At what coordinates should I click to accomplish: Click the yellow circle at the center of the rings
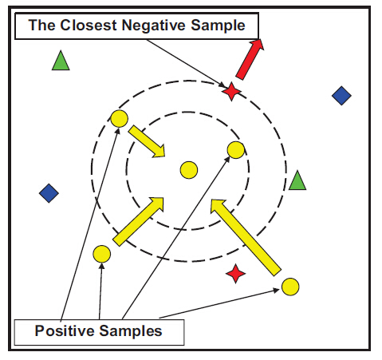[x=189, y=170]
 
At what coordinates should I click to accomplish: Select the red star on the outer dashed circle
[x=231, y=92]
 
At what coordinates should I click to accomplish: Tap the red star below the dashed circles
[x=235, y=274]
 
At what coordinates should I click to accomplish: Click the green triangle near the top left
[x=61, y=61]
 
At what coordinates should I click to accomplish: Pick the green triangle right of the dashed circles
[x=297, y=180]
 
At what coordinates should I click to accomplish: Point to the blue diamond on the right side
[x=341, y=96]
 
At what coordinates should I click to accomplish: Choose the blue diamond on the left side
[x=49, y=193]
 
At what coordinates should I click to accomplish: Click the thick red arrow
[x=250, y=59]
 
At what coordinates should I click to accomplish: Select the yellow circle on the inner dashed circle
[x=236, y=150]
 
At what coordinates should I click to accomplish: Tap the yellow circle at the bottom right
[x=290, y=287]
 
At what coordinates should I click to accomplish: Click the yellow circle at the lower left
[x=102, y=254]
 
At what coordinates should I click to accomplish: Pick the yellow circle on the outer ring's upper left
[x=119, y=119]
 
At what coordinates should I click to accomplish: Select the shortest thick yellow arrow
[x=147, y=141]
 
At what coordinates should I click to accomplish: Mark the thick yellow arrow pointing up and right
[x=138, y=222]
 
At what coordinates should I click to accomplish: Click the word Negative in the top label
[x=153, y=26]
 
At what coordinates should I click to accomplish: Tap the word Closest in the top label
[x=89, y=26]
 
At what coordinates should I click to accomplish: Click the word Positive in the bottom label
[x=65, y=331]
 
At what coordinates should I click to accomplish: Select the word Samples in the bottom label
[x=131, y=331]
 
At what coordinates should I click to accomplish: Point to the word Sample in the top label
[x=218, y=26]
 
